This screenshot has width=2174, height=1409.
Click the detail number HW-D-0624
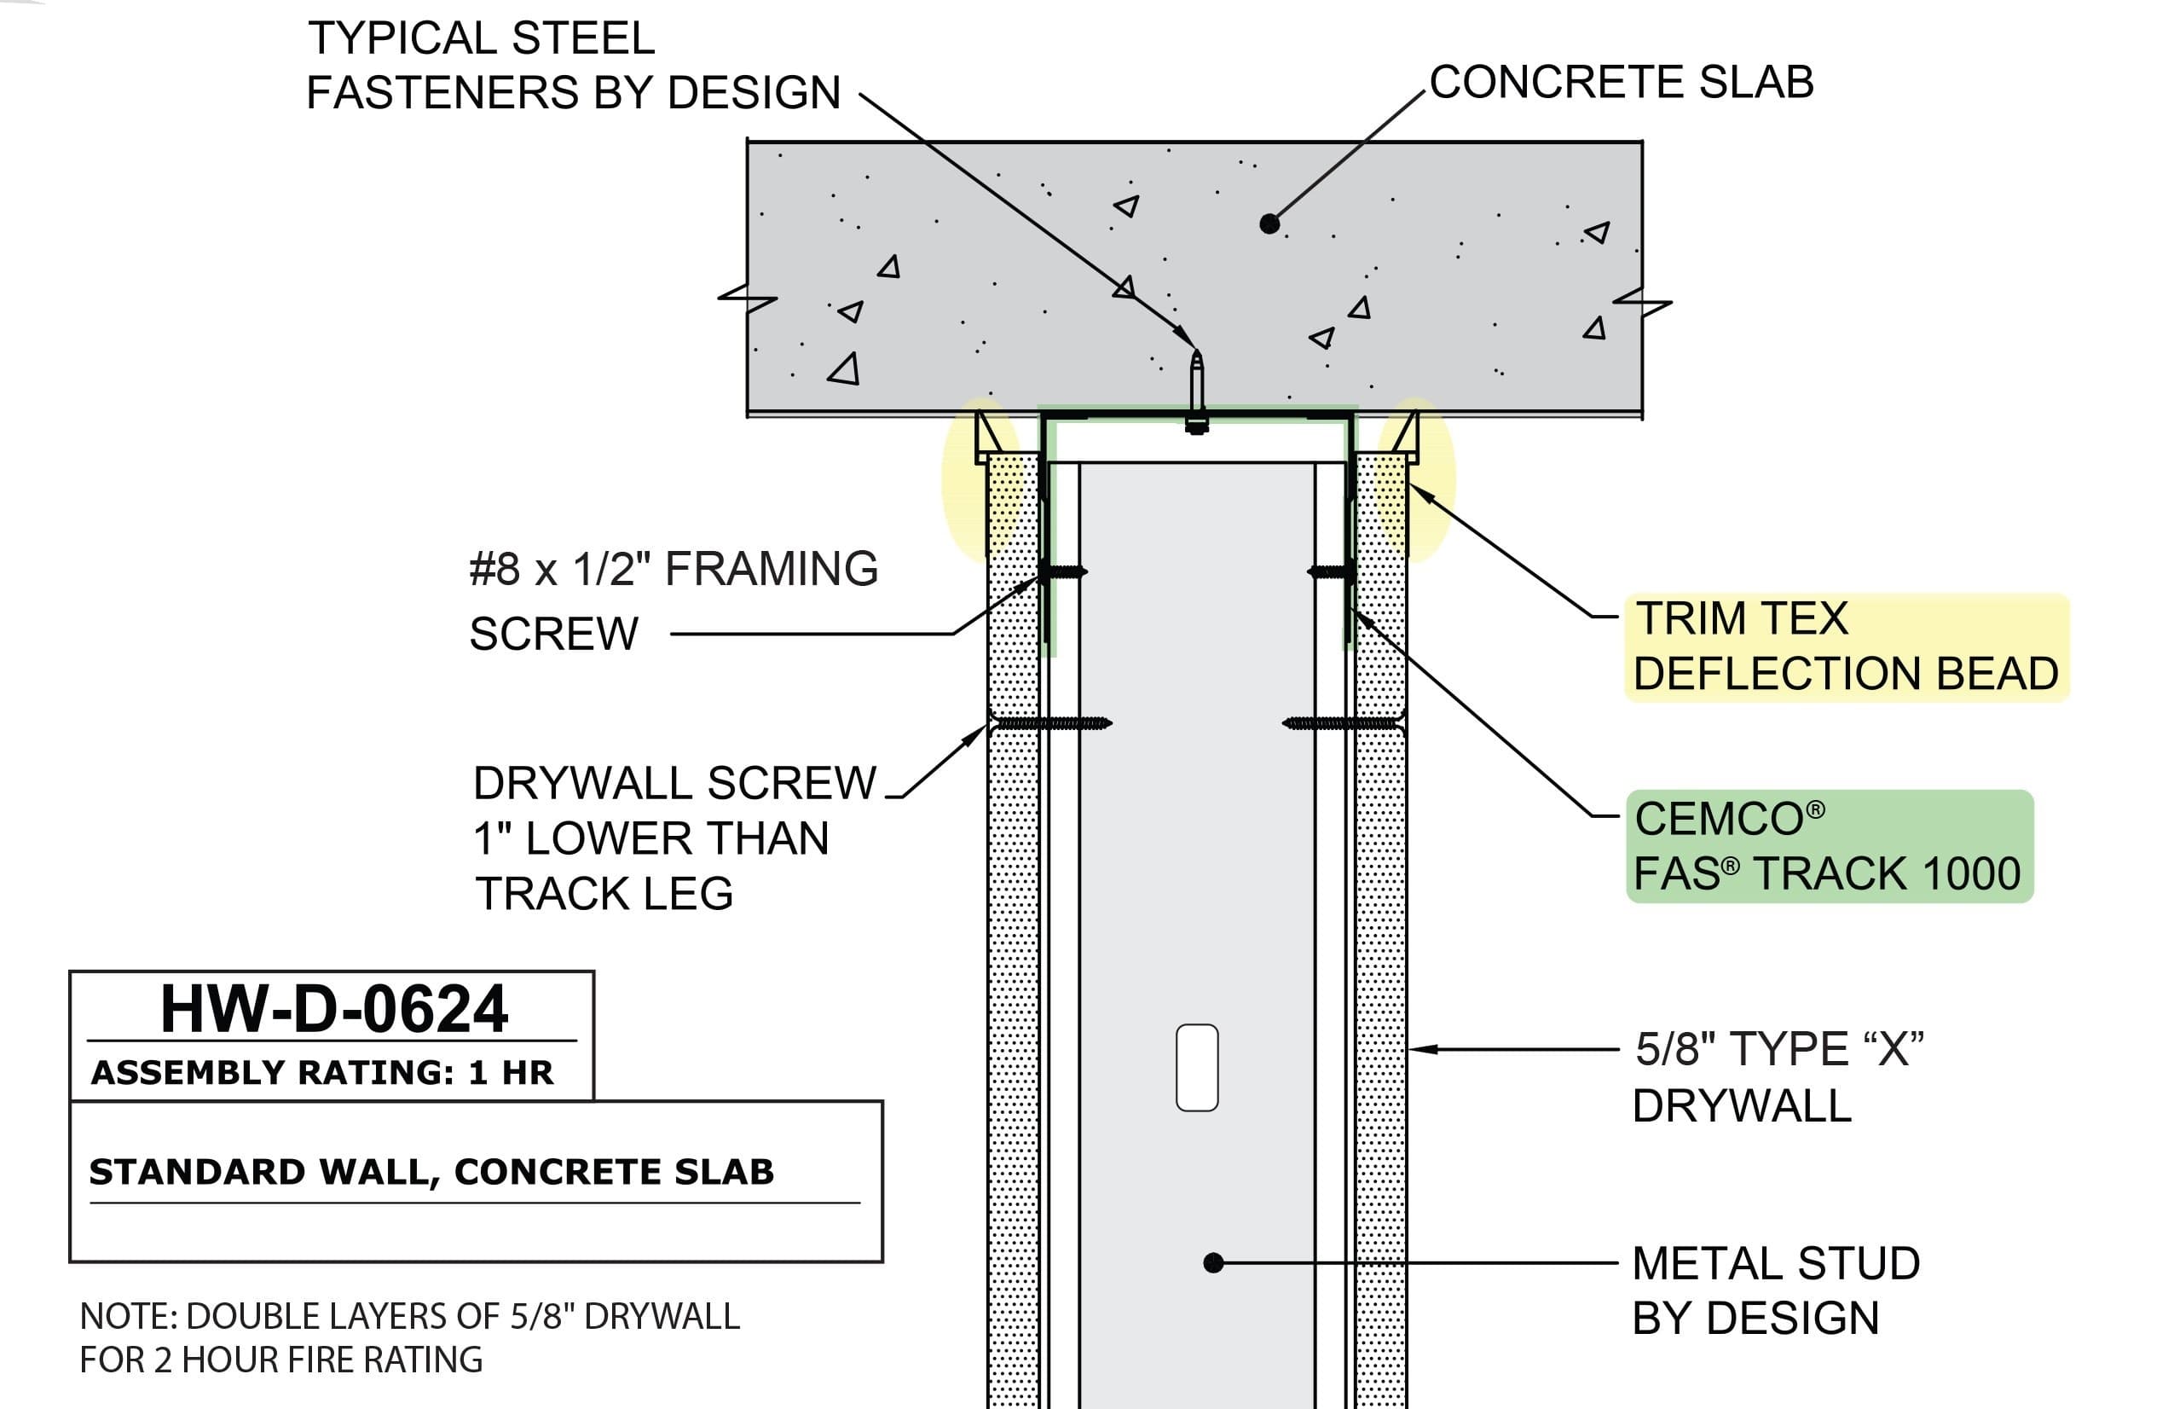point(333,1010)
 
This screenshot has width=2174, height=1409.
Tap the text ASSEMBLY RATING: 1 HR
point(322,1073)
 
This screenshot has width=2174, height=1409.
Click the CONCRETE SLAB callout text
point(1621,82)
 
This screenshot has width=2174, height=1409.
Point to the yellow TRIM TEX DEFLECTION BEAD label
point(1845,647)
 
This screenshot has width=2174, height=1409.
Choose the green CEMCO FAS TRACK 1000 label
point(1828,847)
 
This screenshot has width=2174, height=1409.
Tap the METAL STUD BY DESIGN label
point(1775,1291)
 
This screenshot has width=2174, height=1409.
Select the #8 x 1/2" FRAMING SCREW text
point(673,600)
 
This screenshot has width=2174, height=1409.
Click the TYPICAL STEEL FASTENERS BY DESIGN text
point(573,66)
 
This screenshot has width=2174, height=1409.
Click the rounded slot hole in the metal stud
point(1197,1067)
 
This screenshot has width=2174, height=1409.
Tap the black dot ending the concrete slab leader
point(1269,223)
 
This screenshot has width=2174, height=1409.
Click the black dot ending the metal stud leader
point(1213,1263)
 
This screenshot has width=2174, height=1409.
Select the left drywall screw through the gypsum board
point(1050,723)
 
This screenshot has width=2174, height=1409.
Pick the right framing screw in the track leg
point(1332,573)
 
